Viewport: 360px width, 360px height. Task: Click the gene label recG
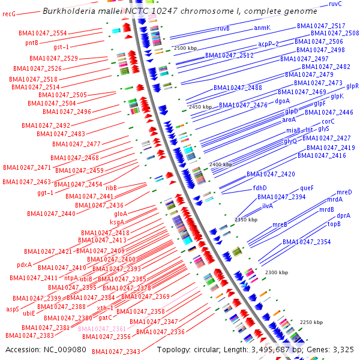coord(9,13)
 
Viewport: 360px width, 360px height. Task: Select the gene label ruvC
coord(335,4)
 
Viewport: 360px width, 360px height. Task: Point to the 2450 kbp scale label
coord(200,107)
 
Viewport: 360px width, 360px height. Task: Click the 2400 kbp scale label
coord(220,164)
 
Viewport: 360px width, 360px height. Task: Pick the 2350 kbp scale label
coord(246,220)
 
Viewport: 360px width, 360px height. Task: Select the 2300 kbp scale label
coord(277,273)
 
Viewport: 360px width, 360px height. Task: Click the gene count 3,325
coord(342,349)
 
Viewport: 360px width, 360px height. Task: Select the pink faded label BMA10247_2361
coord(102,329)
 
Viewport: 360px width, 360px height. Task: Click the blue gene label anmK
coord(262,28)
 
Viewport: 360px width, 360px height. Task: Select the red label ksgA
coord(117,222)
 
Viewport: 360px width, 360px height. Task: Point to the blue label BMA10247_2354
coord(307,242)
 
